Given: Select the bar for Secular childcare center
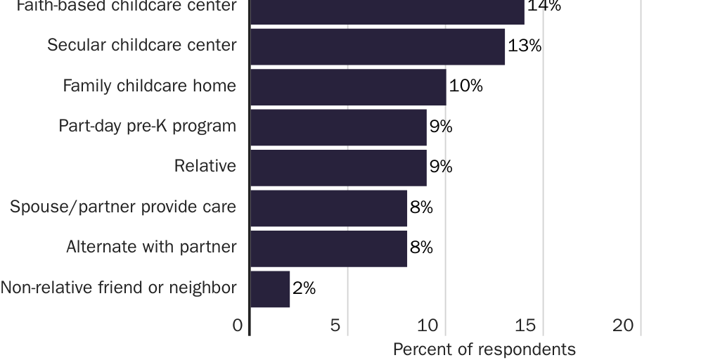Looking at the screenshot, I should pyautogui.click(x=378, y=46).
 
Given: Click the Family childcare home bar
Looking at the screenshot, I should pyautogui.click(x=348, y=86).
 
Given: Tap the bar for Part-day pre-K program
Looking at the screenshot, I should pyautogui.click(x=338, y=127).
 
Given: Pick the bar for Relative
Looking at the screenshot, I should pyautogui.click(x=338, y=167).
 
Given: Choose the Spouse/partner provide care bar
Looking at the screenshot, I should pyautogui.click(x=328, y=208).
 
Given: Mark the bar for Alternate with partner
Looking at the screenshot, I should pyautogui.click(x=328, y=248).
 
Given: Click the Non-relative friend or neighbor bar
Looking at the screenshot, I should pyautogui.click(x=270, y=289).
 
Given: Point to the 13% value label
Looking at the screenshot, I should pyautogui.click(x=525, y=46).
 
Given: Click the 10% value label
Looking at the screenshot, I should pyautogui.click(x=465, y=86).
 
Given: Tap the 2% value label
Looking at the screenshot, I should pyautogui.click(x=304, y=288).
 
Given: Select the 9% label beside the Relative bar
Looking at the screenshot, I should pyautogui.click(x=441, y=167).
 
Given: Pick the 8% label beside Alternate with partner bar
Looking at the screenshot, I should pyautogui.click(x=421, y=248).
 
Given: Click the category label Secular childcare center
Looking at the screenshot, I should pyautogui.click(x=142, y=46).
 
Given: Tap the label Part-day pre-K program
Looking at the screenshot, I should pyautogui.click(x=148, y=127).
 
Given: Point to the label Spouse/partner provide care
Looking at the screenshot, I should pyautogui.click(x=123, y=207).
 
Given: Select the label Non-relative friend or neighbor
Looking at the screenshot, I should pyautogui.click(x=118, y=288).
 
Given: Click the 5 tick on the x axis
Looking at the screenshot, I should pyautogui.click(x=335, y=326).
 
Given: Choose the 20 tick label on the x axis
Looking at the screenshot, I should pyautogui.click(x=623, y=326).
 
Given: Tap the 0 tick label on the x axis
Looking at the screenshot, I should pyautogui.click(x=238, y=326).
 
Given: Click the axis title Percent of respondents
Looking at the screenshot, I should pyautogui.click(x=484, y=349).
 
